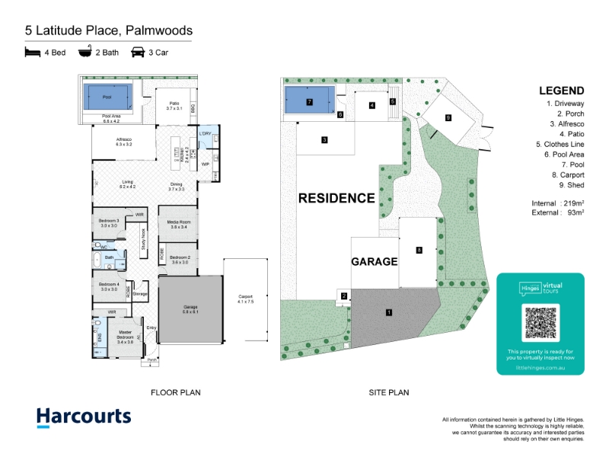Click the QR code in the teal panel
click(x=540, y=322)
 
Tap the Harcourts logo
click(x=84, y=417)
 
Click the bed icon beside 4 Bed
click(x=32, y=53)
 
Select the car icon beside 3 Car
click(x=139, y=53)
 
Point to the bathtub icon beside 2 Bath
click(x=84, y=53)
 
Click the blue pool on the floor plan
click(x=107, y=97)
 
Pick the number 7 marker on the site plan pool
click(x=310, y=101)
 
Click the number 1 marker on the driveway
click(x=389, y=312)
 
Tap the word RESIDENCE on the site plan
click(x=336, y=198)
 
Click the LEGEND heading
click(x=561, y=90)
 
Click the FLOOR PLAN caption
click(x=176, y=393)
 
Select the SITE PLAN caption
click(x=388, y=393)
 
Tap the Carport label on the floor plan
click(x=245, y=297)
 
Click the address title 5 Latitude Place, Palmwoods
click(x=108, y=31)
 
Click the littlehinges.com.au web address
click(x=540, y=367)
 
